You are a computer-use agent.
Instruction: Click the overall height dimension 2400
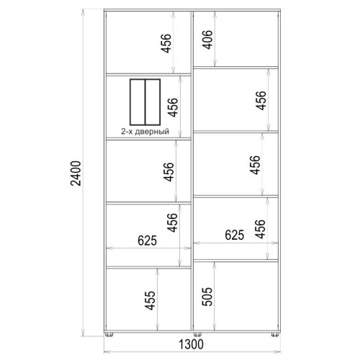coord(76,174)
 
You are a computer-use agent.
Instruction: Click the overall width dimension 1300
coord(192,344)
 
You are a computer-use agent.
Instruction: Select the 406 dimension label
coord(207,40)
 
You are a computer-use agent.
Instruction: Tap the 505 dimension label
coord(207,297)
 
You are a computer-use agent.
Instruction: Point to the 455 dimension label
coord(150,300)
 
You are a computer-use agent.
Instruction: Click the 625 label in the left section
coord(148,240)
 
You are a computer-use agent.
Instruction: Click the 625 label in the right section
coord(235,235)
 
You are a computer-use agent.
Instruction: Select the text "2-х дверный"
coord(145,131)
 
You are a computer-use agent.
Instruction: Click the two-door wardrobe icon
coord(145,102)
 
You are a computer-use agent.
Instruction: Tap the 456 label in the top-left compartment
coord(166,43)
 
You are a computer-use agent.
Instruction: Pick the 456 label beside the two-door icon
coord(173,107)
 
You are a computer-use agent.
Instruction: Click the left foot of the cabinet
coord(109,335)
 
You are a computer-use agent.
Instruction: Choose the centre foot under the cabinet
coord(197,335)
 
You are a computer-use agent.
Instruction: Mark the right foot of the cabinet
coord(275,335)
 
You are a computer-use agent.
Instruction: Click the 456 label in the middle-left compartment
coord(168,172)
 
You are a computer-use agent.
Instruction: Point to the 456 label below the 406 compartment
coord(261,101)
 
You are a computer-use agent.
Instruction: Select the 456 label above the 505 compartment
coord(260,229)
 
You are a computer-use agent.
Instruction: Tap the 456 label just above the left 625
coord(172,222)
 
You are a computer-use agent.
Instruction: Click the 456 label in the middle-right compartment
coord(255,165)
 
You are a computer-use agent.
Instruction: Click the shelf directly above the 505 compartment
coord(235,261)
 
